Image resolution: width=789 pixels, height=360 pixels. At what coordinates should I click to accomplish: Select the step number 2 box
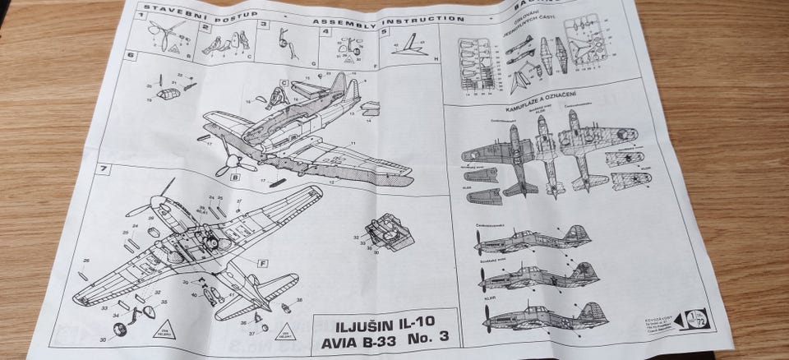205,25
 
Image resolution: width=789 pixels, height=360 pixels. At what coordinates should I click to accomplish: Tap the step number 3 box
264,25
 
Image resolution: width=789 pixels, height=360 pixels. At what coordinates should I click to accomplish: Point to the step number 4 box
326,32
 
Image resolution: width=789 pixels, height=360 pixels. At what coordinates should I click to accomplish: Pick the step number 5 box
385,32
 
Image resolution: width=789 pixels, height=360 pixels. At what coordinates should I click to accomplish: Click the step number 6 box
130,56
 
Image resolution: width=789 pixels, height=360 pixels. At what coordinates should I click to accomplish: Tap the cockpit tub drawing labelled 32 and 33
385,232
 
